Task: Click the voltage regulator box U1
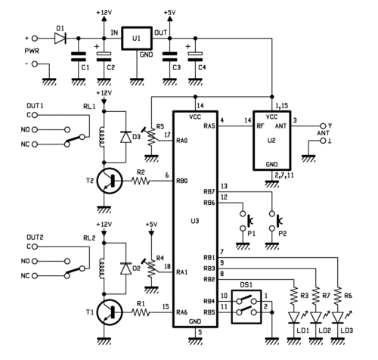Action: point(137,39)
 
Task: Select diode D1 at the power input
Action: point(60,39)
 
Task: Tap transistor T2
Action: point(110,181)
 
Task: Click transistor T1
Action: point(110,313)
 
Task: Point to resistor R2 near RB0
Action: point(140,181)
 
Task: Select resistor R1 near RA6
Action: point(141,313)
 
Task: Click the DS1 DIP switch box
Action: point(246,307)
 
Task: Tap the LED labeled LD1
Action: point(294,318)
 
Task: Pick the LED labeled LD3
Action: point(338,318)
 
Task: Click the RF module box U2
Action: point(272,141)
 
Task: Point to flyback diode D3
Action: point(125,137)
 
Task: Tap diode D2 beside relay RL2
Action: point(125,268)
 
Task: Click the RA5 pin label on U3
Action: point(209,126)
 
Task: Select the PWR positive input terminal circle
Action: point(35,39)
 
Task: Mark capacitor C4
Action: point(195,57)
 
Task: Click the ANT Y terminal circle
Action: point(323,126)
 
